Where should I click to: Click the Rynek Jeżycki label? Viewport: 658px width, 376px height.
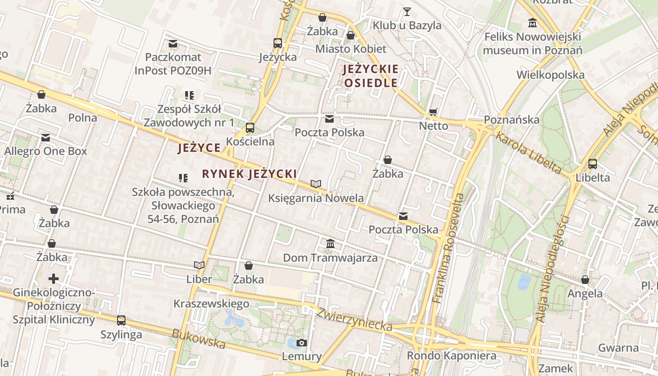click(x=249, y=174)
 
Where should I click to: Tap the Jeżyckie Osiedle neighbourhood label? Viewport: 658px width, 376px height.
click(x=371, y=76)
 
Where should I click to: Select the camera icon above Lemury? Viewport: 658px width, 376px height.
click(x=302, y=343)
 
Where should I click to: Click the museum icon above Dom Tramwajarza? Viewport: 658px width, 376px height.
click(x=330, y=244)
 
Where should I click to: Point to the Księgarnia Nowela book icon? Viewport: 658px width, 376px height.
click(x=316, y=184)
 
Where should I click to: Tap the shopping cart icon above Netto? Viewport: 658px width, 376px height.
click(x=433, y=112)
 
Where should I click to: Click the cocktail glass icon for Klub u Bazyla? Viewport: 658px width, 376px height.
click(x=407, y=11)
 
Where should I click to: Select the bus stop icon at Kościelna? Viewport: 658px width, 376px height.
click(x=250, y=127)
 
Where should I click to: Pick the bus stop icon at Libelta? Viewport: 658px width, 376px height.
click(x=593, y=164)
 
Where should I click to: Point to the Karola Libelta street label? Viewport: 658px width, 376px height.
click(x=529, y=153)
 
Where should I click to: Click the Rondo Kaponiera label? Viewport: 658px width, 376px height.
click(x=451, y=355)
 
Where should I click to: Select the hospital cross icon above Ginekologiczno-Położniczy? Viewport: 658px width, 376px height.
click(x=54, y=279)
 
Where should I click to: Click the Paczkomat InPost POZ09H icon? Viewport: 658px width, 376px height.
click(x=173, y=44)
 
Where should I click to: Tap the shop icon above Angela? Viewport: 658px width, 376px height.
click(x=585, y=280)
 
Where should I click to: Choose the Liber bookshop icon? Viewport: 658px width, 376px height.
click(x=199, y=265)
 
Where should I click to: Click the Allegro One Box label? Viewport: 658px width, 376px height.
click(x=46, y=151)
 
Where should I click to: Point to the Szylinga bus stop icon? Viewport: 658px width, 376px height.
click(x=121, y=321)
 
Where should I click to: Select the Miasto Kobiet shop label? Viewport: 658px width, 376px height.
click(x=351, y=49)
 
